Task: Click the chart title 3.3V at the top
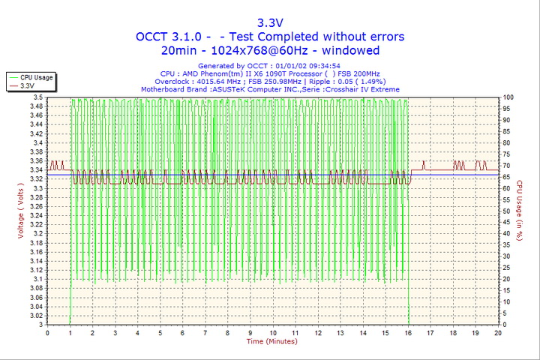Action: (x=270, y=22)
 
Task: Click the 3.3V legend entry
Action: (x=28, y=86)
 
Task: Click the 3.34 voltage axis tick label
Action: (x=35, y=170)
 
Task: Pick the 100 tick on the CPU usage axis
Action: (x=508, y=97)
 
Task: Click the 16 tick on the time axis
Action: (x=408, y=332)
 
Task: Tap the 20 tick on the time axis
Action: (x=498, y=332)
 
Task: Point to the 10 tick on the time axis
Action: (x=273, y=332)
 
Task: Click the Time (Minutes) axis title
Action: (x=272, y=342)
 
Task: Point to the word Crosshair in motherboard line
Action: (x=355, y=89)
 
